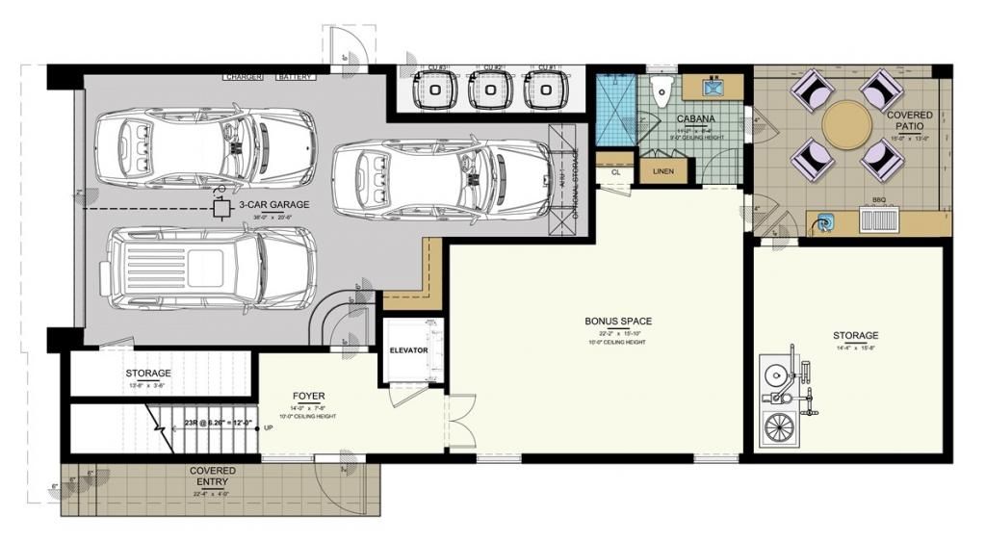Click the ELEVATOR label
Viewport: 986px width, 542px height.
coord(408,350)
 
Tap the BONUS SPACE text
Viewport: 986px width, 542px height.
coord(618,321)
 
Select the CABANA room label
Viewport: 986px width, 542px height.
coord(695,119)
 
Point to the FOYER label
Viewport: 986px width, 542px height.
coord(309,396)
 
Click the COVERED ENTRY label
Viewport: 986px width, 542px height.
coord(213,477)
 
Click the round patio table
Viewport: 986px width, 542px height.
coord(847,125)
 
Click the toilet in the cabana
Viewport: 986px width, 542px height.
coord(661,93)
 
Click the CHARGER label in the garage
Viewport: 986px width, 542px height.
coord(245,75)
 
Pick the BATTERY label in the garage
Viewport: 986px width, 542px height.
coord(295,75)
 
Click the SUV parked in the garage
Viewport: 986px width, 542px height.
coord(212,270)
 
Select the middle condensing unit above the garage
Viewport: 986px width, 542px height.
coord(491,90)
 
